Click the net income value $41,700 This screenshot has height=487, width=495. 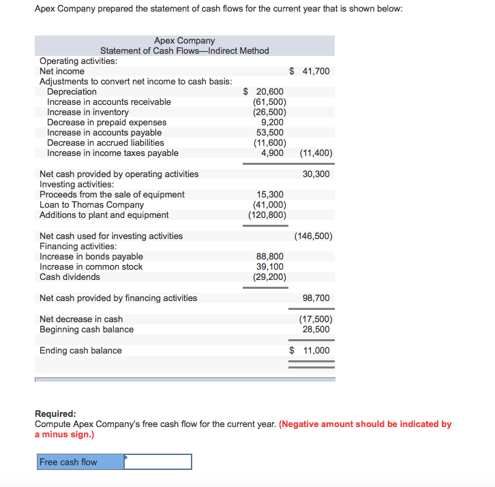(x=310, y=71)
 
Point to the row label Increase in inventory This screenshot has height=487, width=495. (x=88, y=112)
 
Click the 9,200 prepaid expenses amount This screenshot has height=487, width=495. (x=273, y=122)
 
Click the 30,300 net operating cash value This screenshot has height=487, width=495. (x=316, y=174)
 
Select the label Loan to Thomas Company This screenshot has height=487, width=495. (x=92, y=204)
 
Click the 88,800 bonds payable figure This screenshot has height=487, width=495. (x=270, y=257)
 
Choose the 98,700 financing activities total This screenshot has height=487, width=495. (x=316, y=298)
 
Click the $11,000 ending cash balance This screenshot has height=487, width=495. (x=310, y=351)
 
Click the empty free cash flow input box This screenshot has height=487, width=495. (x=157, y=462)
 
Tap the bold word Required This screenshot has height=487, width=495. (x=55, y=413)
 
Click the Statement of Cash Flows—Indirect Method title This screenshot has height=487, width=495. (x=185, y=51)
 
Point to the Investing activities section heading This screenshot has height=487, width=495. (x=78, y=184)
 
